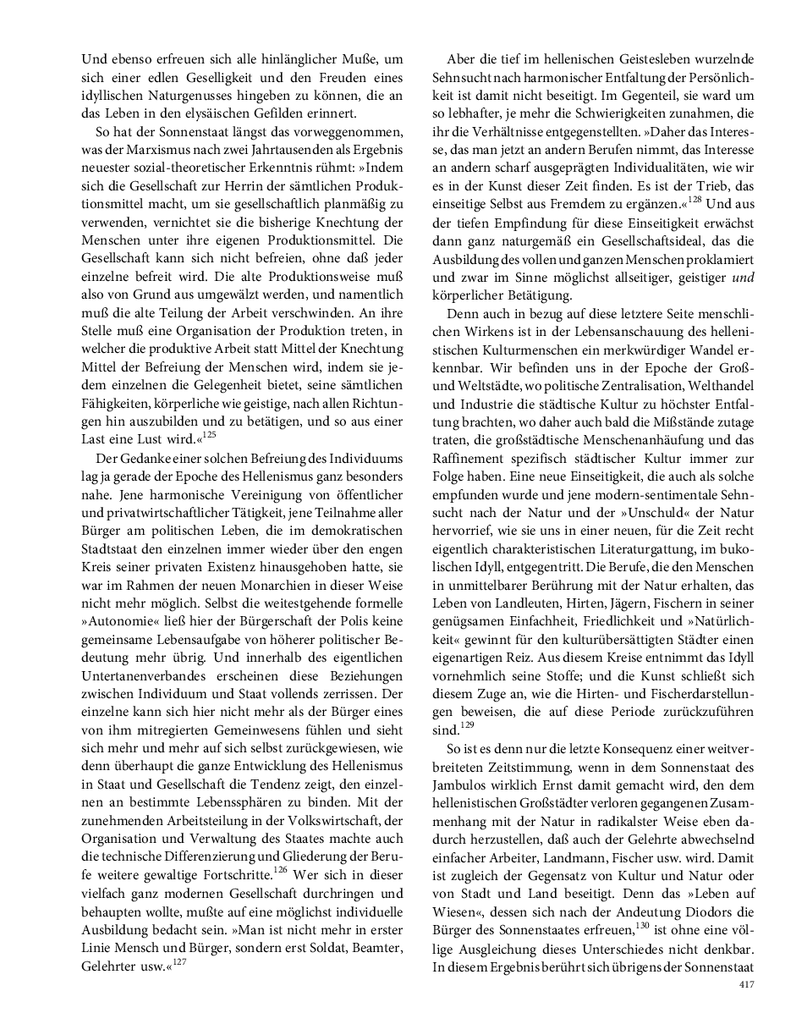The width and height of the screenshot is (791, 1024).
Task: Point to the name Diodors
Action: click(702, 911)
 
